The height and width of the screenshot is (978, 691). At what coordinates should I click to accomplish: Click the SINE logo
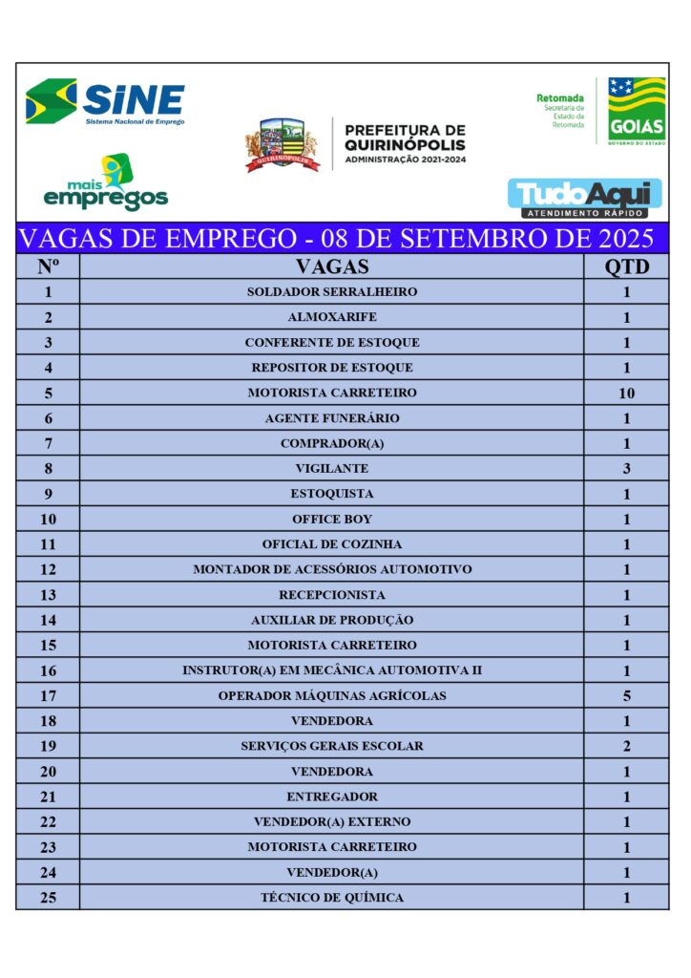pos(105,101)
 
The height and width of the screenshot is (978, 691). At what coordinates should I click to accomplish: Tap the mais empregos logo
pos(106,184)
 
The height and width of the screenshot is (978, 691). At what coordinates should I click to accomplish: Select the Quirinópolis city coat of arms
pos(282,144)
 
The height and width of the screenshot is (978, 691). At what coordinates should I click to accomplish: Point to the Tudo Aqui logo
pos(584,198)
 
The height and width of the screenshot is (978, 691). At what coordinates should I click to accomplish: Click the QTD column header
pos(626,266)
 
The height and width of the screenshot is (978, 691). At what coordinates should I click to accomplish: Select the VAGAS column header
pos(331,266)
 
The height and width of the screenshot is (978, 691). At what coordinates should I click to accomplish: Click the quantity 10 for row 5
pos(626,393)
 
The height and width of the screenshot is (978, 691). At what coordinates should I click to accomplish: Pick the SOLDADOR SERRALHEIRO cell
pos(331,292)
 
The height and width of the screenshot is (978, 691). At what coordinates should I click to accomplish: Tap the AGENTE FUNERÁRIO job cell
pos(331,418)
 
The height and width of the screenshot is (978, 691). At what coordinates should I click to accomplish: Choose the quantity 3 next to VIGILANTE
pos(626,469)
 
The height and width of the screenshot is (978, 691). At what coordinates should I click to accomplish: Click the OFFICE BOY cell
pos(331,520)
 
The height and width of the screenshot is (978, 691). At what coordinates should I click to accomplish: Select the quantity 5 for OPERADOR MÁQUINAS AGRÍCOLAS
pos(626,696)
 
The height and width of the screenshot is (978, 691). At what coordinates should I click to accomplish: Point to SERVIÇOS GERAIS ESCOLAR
pos(331,746)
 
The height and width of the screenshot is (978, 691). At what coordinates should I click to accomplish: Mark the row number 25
pos(49,898)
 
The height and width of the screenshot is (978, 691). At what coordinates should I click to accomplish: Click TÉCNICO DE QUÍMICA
pos(331,898)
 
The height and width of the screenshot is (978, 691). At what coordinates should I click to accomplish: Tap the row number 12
pos(49,570)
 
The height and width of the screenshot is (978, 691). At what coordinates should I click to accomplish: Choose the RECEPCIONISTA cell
pos(331,595)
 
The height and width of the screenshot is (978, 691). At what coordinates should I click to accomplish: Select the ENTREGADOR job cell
pos(331,797)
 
